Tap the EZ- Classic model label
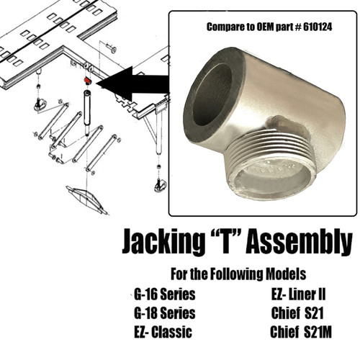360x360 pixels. pos(164,332)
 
